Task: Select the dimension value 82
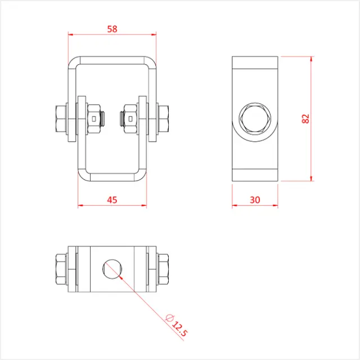[x=305, y=119]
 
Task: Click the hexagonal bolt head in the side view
[x=255, y=119]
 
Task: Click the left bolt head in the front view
[x=60, y=119]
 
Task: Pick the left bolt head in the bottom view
[x=61, y=269]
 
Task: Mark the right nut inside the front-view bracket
[x=130, y=119]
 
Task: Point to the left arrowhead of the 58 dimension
[x=71, y=35]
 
